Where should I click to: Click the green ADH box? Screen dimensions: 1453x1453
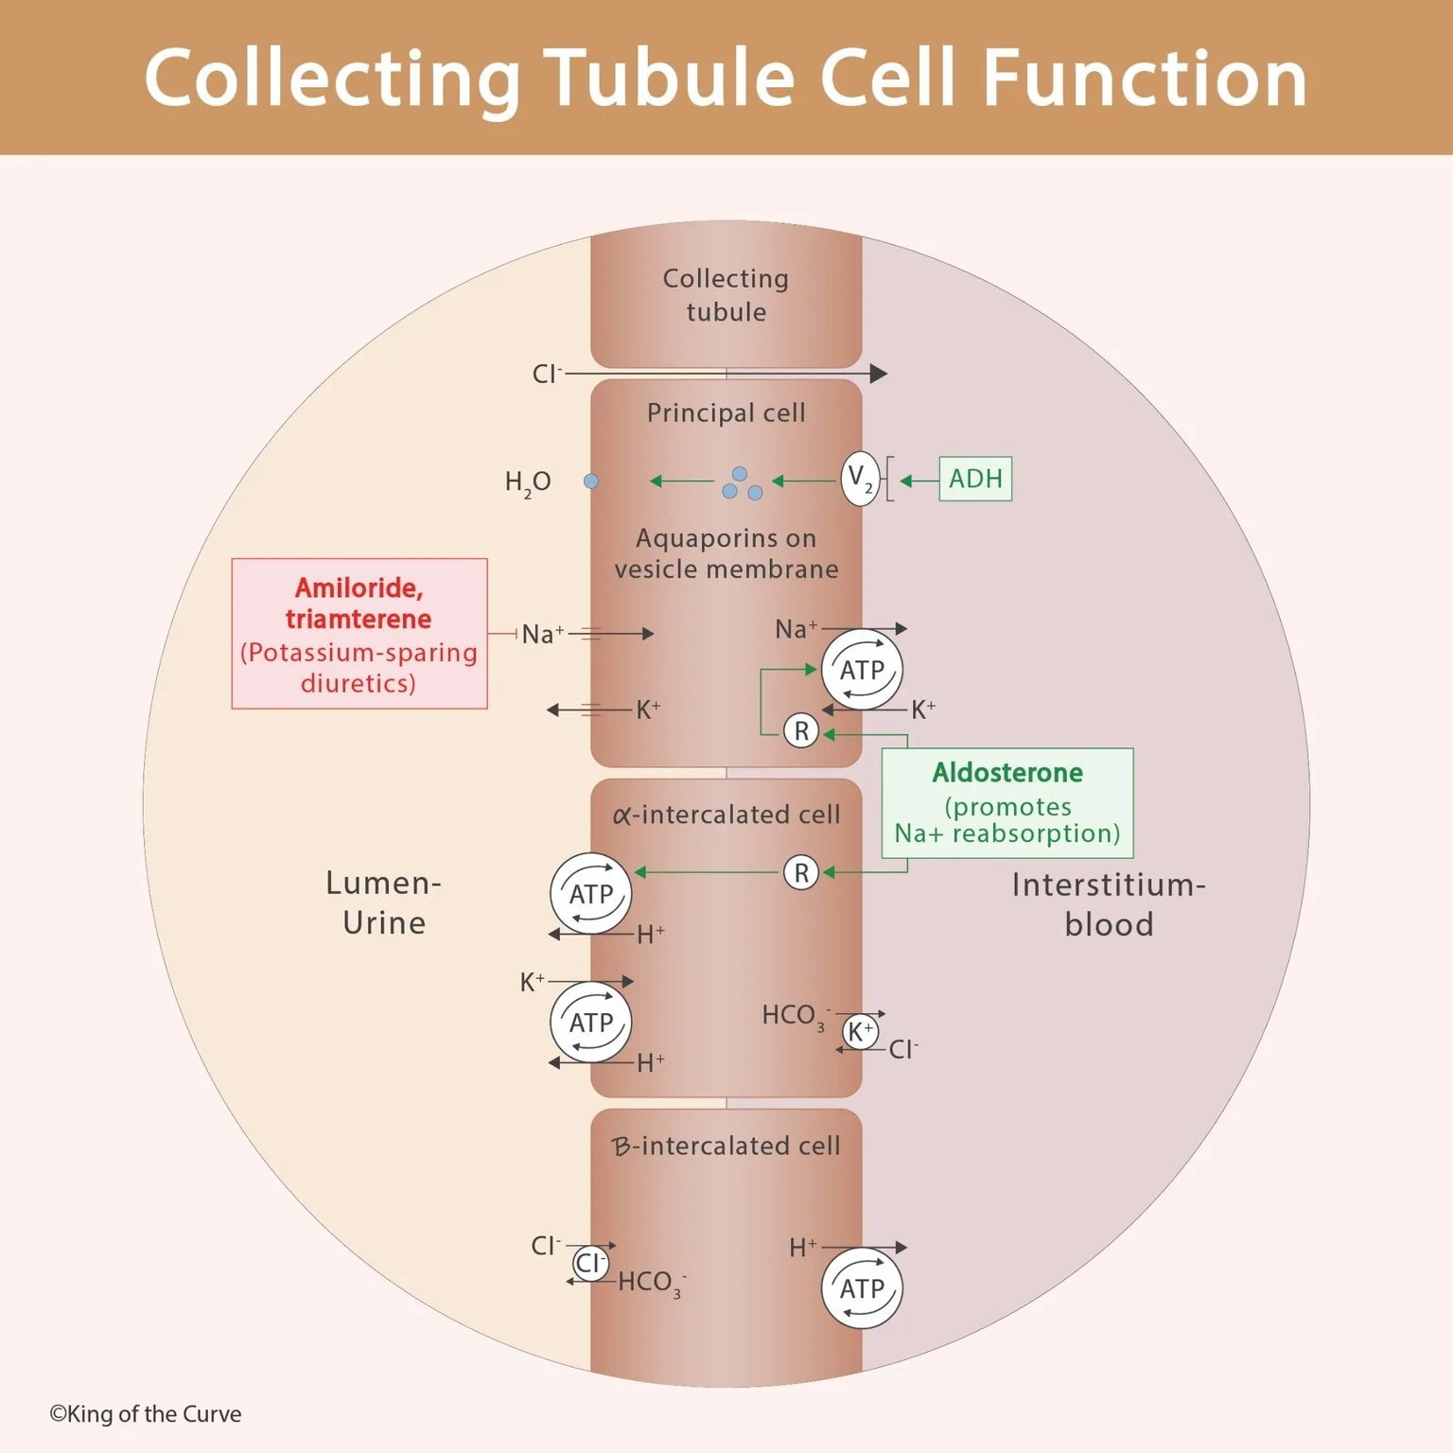(974, 479)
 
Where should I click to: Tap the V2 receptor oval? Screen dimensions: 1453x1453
(860, 479)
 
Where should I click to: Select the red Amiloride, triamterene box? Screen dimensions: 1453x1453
(359, 633)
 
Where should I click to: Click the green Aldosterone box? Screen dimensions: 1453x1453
(1007, 802)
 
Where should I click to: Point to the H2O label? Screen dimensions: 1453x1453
(527, 482)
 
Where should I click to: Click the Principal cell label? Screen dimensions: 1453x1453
(726, 412)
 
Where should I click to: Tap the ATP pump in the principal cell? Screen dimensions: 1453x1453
(862, 670)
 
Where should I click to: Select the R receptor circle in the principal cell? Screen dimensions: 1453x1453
(801, 731)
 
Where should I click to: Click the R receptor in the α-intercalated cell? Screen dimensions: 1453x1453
(801, 872)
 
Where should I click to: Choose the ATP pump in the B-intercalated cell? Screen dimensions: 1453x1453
(862, 1288)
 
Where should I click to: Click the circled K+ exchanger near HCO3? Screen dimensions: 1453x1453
(860, 1032)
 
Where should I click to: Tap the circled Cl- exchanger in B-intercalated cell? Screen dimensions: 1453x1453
(590, 1263)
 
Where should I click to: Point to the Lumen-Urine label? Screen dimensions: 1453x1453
(383, 902)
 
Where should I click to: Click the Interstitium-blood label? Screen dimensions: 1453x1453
(1108, 904)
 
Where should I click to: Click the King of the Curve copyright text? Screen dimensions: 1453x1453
(146, 1414)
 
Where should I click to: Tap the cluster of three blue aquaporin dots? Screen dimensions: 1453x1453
(741, 484)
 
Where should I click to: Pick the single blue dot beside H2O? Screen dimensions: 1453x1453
(591, 481)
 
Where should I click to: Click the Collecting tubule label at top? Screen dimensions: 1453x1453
(726, 295)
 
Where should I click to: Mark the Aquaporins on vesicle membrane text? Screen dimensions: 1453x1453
(726, 553)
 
